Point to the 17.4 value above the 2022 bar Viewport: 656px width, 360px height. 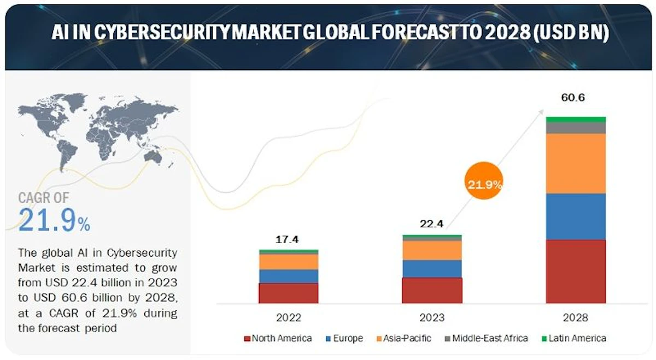pos(288,239)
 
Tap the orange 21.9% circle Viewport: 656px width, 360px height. pos(484,184)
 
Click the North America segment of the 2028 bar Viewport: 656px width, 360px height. pos(576,271)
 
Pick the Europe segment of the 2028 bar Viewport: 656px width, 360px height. pos(576,216)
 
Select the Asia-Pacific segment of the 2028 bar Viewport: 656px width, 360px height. pos(576,163)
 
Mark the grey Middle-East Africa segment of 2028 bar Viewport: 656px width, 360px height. pos(576,127)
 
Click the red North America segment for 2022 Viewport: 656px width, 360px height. pos(288,293)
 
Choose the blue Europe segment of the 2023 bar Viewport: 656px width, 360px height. pos(432,268)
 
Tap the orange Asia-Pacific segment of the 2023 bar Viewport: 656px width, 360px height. pos(432,250)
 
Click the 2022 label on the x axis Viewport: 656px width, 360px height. pos(288,317)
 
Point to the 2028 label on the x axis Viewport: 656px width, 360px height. pos(576,317)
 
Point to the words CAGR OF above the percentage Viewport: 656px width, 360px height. pos(44,197)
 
